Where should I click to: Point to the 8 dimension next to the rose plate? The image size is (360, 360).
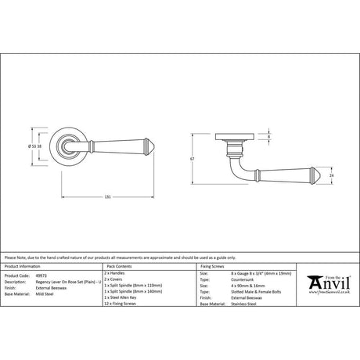270,137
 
